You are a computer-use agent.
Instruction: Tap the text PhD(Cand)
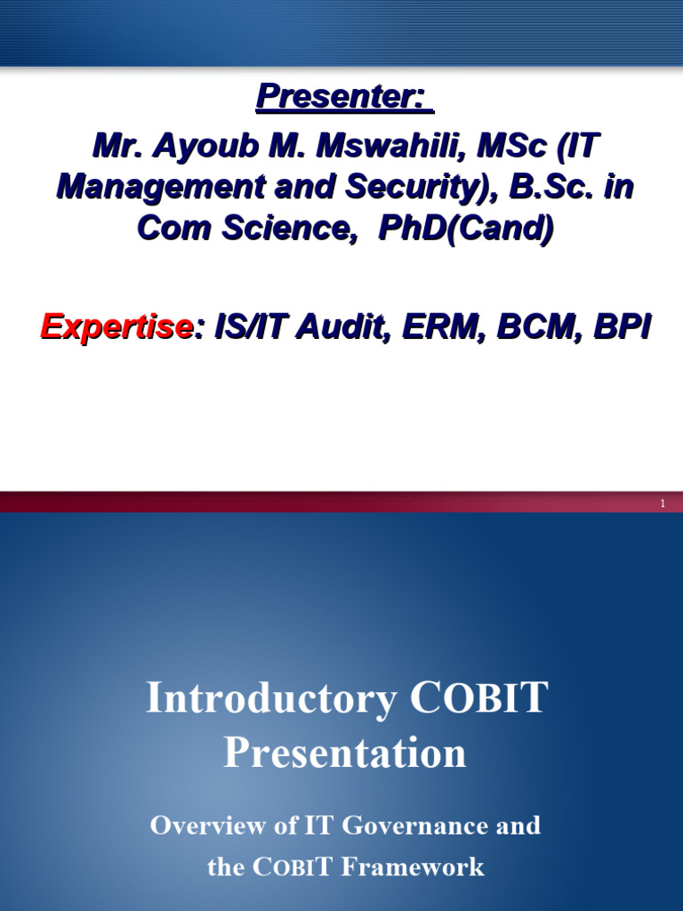point(465,228)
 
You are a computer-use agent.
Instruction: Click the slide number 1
point(663,504)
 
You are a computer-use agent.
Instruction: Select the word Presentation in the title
point(345,753)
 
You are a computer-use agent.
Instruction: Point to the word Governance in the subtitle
point(416,826)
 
